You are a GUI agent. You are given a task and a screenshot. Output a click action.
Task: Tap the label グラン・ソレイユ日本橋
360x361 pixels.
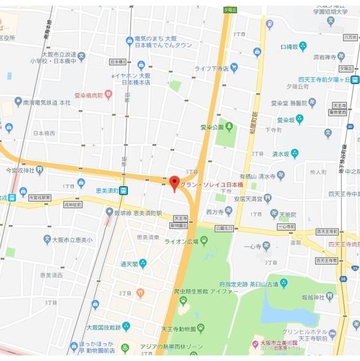click(211, 184)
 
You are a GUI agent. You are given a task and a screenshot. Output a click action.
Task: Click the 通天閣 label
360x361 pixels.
click(129, 263)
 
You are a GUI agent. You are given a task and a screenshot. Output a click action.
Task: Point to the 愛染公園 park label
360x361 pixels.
click(212, 127)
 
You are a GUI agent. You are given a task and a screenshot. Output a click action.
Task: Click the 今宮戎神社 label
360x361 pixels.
click(20, 170)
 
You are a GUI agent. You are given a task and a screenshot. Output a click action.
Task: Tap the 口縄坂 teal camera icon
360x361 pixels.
click(303, 46)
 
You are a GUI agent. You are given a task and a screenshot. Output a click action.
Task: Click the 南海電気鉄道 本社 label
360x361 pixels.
click(47, 103)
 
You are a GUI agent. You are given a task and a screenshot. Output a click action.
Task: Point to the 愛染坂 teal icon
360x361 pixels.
click(299, 119)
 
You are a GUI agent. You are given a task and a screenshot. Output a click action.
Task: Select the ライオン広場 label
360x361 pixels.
click(181, 241)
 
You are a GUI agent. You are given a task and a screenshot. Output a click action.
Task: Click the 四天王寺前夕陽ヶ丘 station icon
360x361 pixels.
click(355, 80)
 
